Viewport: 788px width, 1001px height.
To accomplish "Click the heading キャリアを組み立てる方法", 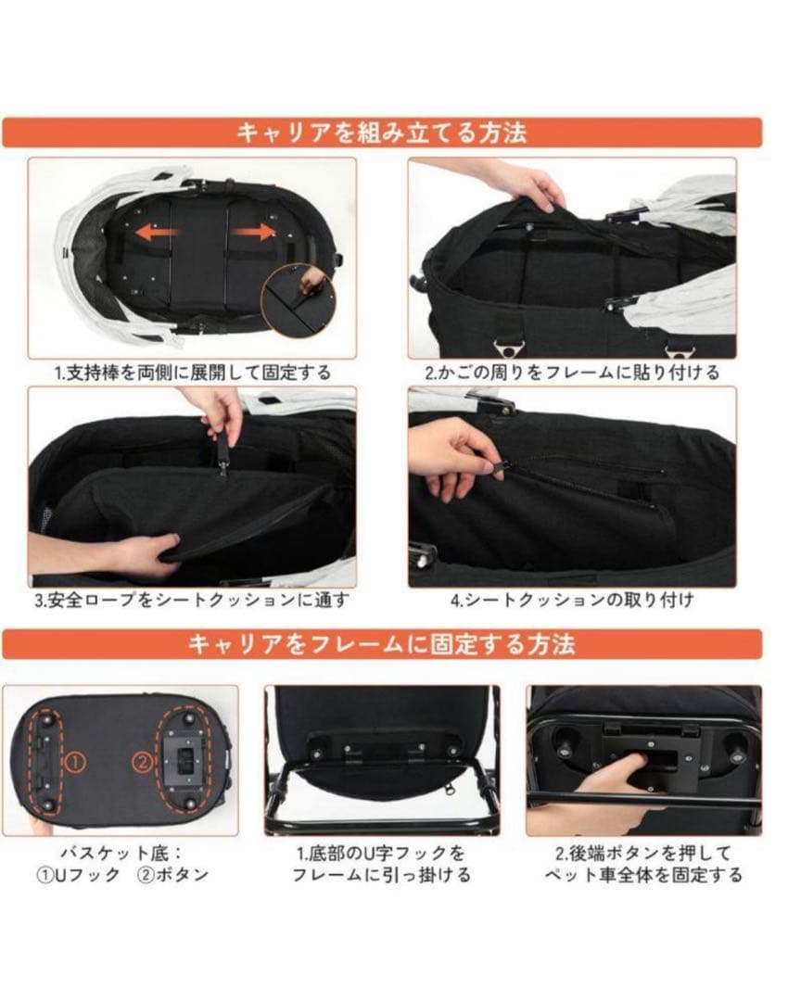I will tap(381, 133).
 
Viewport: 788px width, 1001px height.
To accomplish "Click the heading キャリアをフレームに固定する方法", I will tap(381, 644).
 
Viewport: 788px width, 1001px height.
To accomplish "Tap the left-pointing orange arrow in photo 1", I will tap(156, 234).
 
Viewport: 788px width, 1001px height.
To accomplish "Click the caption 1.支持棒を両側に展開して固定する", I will tap(192, 373).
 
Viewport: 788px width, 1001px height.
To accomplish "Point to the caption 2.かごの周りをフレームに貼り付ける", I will tap(572, 373).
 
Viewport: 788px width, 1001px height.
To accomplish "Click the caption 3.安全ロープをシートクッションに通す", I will tap(192, 600).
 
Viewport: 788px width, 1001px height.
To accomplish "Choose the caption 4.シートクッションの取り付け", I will tap(572, 600).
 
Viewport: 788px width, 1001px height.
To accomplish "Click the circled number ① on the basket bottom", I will tap(76, 762).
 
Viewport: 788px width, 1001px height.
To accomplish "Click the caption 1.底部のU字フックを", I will tap(381, 852).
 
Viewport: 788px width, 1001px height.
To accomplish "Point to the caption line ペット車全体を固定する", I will tap(643, 874).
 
